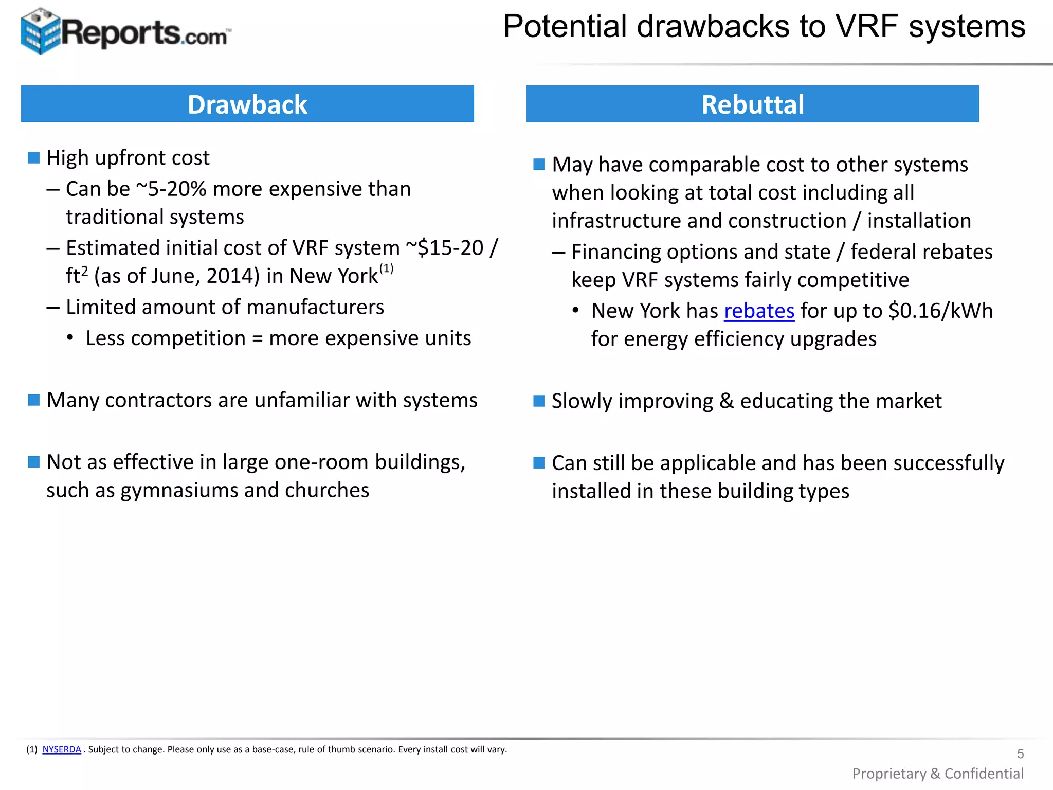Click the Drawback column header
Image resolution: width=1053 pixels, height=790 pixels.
[247, 104]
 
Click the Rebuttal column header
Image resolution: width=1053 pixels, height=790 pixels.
[752, 104]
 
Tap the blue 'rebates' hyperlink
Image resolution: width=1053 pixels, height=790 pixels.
[759, 311]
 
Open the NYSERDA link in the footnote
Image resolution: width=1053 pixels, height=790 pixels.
[62, 749]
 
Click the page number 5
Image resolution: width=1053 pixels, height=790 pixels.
[1020, 753]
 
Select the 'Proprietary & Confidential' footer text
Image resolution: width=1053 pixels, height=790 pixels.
[938, 774]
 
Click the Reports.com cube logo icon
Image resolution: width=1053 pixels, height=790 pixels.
[40, 31]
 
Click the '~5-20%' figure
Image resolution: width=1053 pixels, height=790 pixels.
[171, 189]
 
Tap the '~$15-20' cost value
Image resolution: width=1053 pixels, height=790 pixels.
[445, 248]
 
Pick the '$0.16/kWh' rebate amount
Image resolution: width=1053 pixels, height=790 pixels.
[940, 311]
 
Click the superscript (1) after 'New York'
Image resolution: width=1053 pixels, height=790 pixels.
[386, 268]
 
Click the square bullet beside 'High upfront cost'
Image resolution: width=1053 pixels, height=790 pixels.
[34, 157]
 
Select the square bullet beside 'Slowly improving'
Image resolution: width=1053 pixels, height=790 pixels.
[539, 401]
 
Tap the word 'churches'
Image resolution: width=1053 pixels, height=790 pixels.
[327, 491]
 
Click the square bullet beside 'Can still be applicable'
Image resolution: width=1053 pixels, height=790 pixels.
[539, 463]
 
